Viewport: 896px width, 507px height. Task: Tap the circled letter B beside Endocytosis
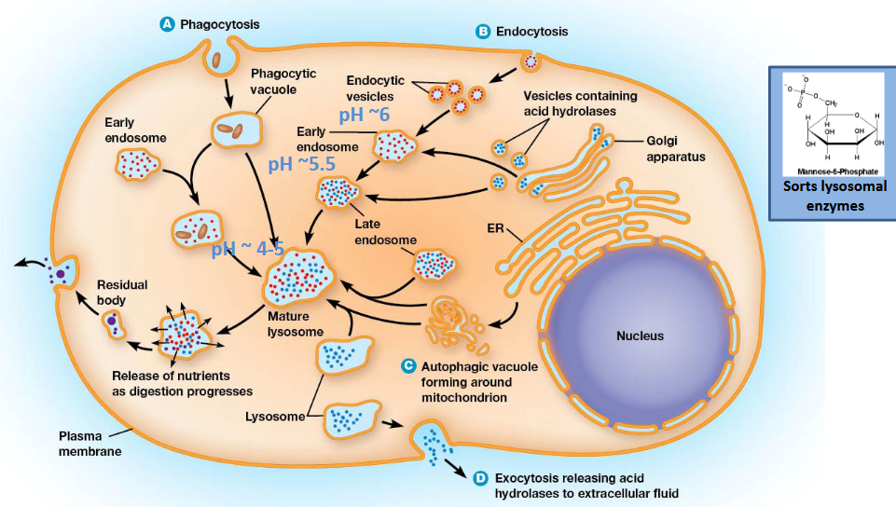click(483, 32)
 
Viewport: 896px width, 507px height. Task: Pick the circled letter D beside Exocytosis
click(480, 478)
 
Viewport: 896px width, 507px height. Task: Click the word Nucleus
click(640, 336)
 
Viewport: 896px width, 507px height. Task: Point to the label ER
click(496, 227)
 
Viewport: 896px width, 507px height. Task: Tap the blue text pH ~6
click(365, 115)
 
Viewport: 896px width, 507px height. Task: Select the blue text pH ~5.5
click(300, 164)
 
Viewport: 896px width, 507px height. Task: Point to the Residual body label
click(122, 293)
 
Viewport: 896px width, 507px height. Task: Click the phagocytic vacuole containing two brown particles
click(229, 130)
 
